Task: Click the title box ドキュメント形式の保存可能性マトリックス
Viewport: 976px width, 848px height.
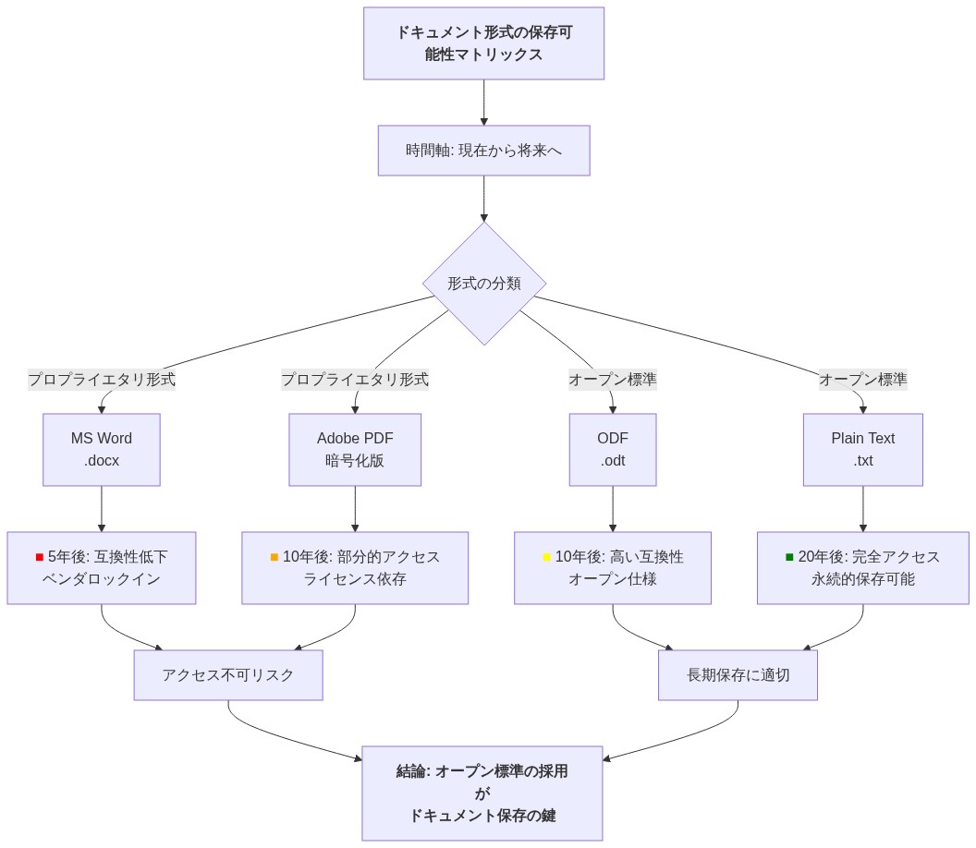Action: tap(483, 43)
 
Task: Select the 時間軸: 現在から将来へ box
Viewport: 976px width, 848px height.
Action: tap(483, 151)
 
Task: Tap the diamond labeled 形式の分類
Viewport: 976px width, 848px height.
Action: tap(484, 284)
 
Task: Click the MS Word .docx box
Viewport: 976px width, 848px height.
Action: tap(102, 450)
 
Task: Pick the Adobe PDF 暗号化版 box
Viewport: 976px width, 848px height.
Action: tap(355, 450)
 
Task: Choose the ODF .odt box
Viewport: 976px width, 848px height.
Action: tap(613, 450)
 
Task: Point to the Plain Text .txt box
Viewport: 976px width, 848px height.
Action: tap(862, 450)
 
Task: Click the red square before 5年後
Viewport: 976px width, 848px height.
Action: tap(40, 557)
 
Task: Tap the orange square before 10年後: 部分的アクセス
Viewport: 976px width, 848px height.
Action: tap(274, 557)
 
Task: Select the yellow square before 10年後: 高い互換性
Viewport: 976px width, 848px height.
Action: tap(546, 557)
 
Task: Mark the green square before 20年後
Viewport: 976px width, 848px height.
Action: tap(789, 557)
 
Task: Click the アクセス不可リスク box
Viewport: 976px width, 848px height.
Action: tap(228, 675)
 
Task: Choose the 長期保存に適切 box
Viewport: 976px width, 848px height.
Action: tap(738, 675)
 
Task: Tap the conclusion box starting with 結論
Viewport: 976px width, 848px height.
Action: tap(482, 793)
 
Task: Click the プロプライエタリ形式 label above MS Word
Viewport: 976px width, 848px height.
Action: tap(102, 380)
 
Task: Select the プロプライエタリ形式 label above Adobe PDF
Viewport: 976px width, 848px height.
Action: tap(355, 380)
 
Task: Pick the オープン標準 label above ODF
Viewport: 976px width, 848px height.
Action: tap(613, 380)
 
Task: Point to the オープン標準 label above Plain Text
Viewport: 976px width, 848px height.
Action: tap(862, 380)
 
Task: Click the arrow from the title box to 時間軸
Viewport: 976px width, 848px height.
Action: tap(483, 103)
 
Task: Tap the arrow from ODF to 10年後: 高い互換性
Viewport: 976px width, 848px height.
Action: tap(613, 509)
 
